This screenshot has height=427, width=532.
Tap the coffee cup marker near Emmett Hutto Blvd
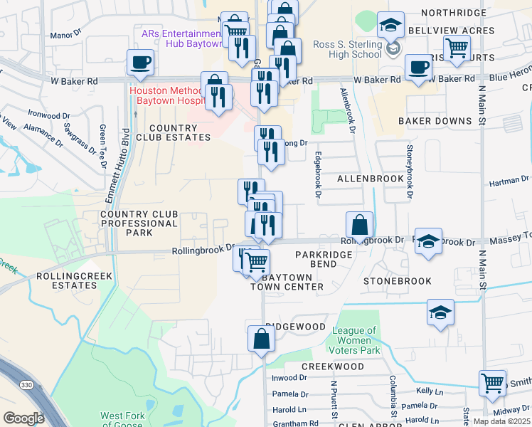[140, 62]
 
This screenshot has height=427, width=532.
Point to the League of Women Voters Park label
[354, 340]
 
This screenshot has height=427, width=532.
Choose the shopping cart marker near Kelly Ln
[492, 382]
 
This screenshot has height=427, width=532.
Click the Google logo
[23, 418]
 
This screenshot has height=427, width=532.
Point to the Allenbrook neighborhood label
[371, 179]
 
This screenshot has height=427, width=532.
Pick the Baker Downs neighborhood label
[435, 122]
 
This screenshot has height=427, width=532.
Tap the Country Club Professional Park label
[139, 223]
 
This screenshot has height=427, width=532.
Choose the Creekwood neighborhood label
[332, 367]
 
